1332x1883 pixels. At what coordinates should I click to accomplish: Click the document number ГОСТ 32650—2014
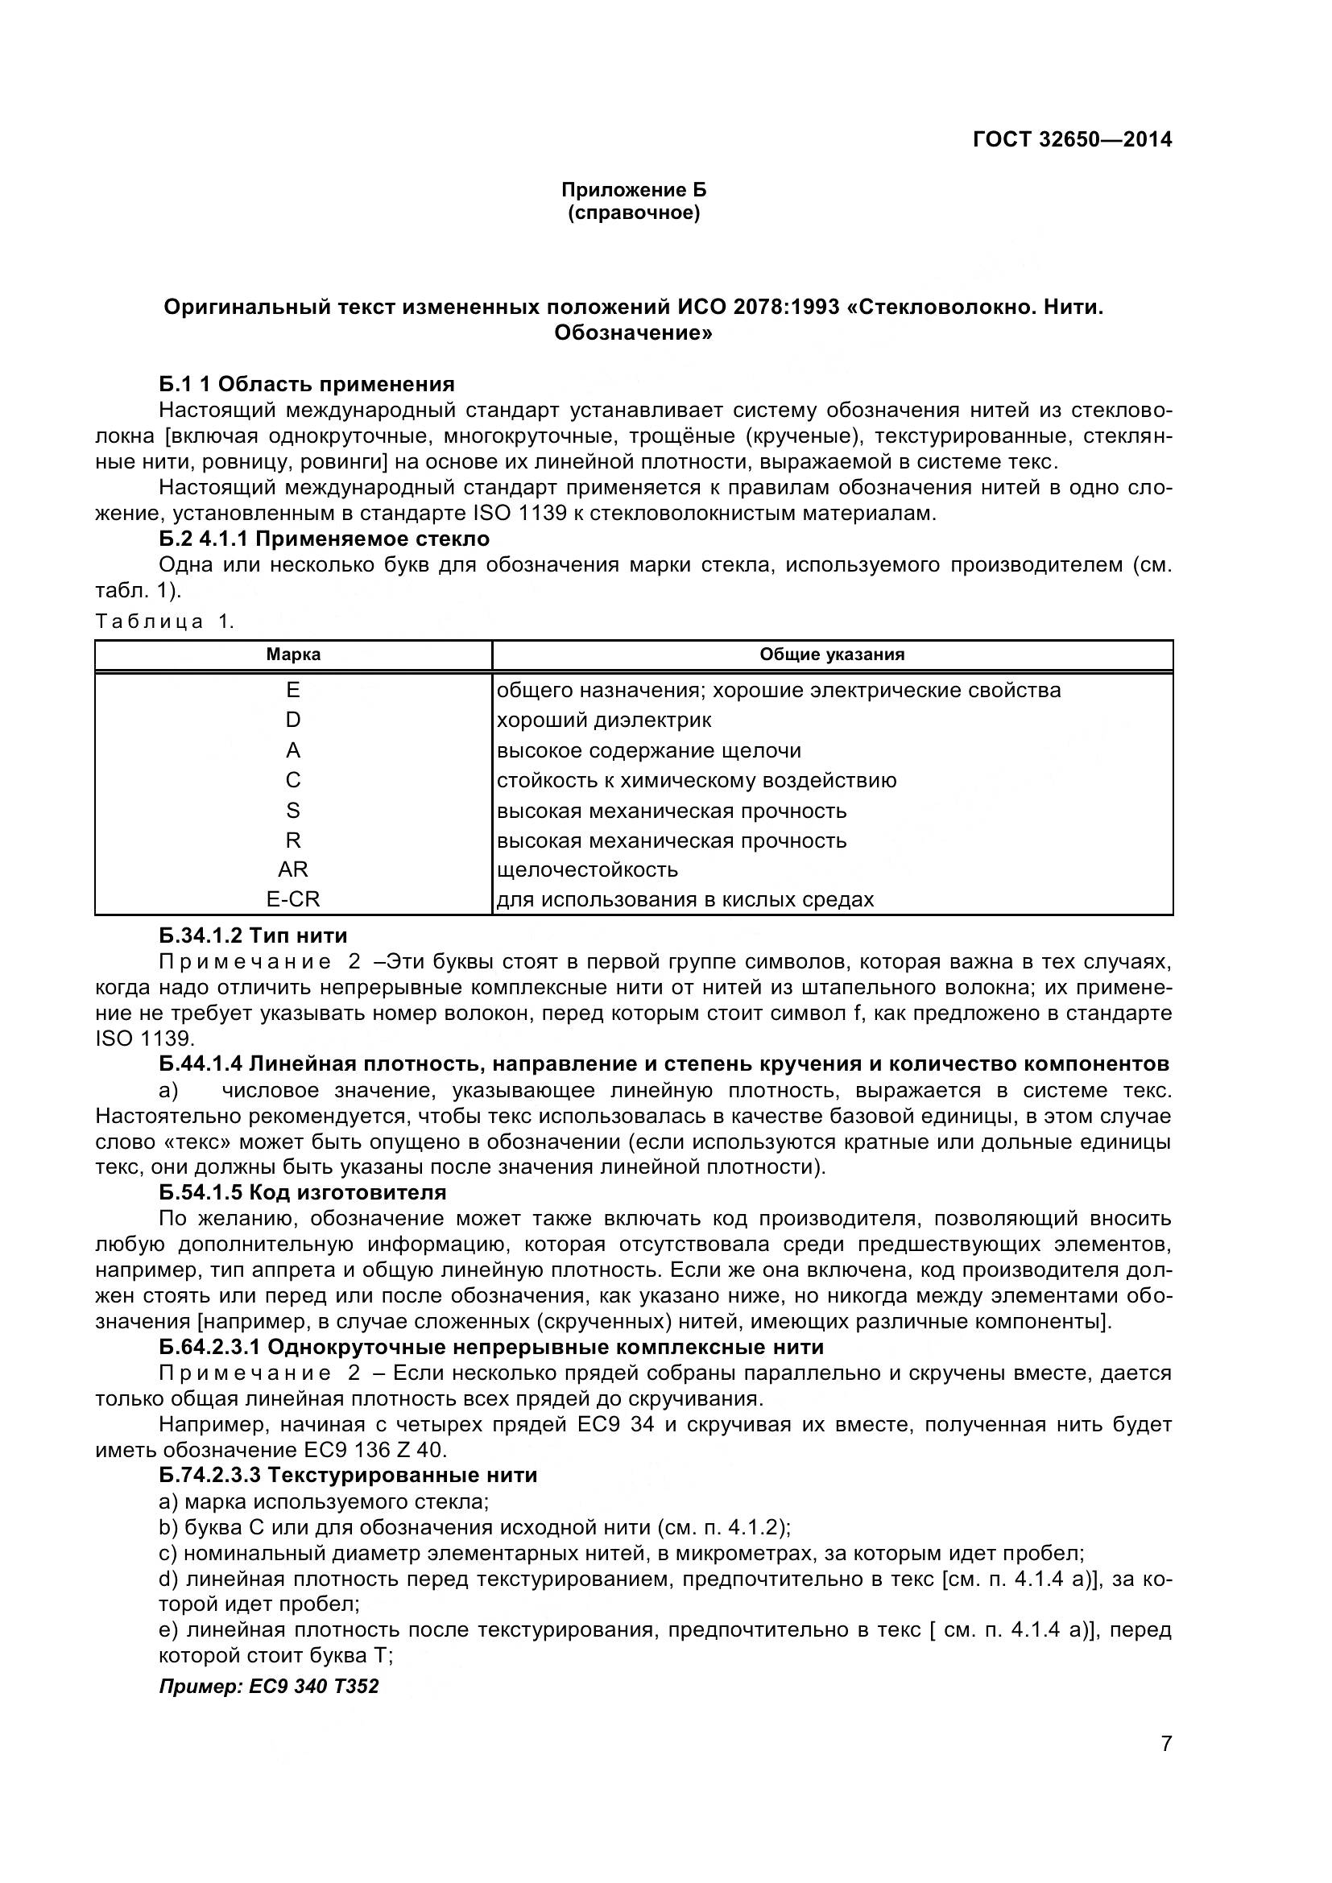[x=1072, y=139]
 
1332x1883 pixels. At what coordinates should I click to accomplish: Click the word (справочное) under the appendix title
[x=633, y=213]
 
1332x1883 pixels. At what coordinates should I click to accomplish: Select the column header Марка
[x=293, y=655]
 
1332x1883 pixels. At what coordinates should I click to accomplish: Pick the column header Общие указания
[x=832, y=655]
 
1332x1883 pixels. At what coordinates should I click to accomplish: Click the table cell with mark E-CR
[x=293, y=900]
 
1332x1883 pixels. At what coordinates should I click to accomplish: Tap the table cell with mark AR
[x=293, y=869]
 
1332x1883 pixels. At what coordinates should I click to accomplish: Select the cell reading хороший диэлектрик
[x=605, y=720]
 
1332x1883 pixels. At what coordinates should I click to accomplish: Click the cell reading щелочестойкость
[x=587, y=869]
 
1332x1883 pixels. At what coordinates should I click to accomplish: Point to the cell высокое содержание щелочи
[x=649, y=750]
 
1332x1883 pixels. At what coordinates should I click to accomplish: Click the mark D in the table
[x=293, y=720]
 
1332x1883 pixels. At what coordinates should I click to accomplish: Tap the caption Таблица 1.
[x=165, y=621]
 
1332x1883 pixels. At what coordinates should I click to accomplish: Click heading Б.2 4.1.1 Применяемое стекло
[x=324, y=539]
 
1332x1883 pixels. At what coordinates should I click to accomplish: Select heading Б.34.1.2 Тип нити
[x=254, y=935]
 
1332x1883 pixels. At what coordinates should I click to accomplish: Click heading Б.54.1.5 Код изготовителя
[x=303, y=1191]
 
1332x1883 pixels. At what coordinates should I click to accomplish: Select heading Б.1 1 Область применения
[x=307, y=384]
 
